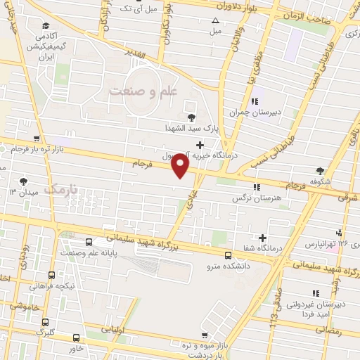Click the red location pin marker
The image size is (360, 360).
tap(181, 165)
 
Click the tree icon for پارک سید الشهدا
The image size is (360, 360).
tap(190, 117)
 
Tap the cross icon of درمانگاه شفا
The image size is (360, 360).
tap(263, 238)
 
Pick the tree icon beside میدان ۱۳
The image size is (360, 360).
tap(25, 181)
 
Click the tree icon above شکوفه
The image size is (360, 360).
tap(321, 170)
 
